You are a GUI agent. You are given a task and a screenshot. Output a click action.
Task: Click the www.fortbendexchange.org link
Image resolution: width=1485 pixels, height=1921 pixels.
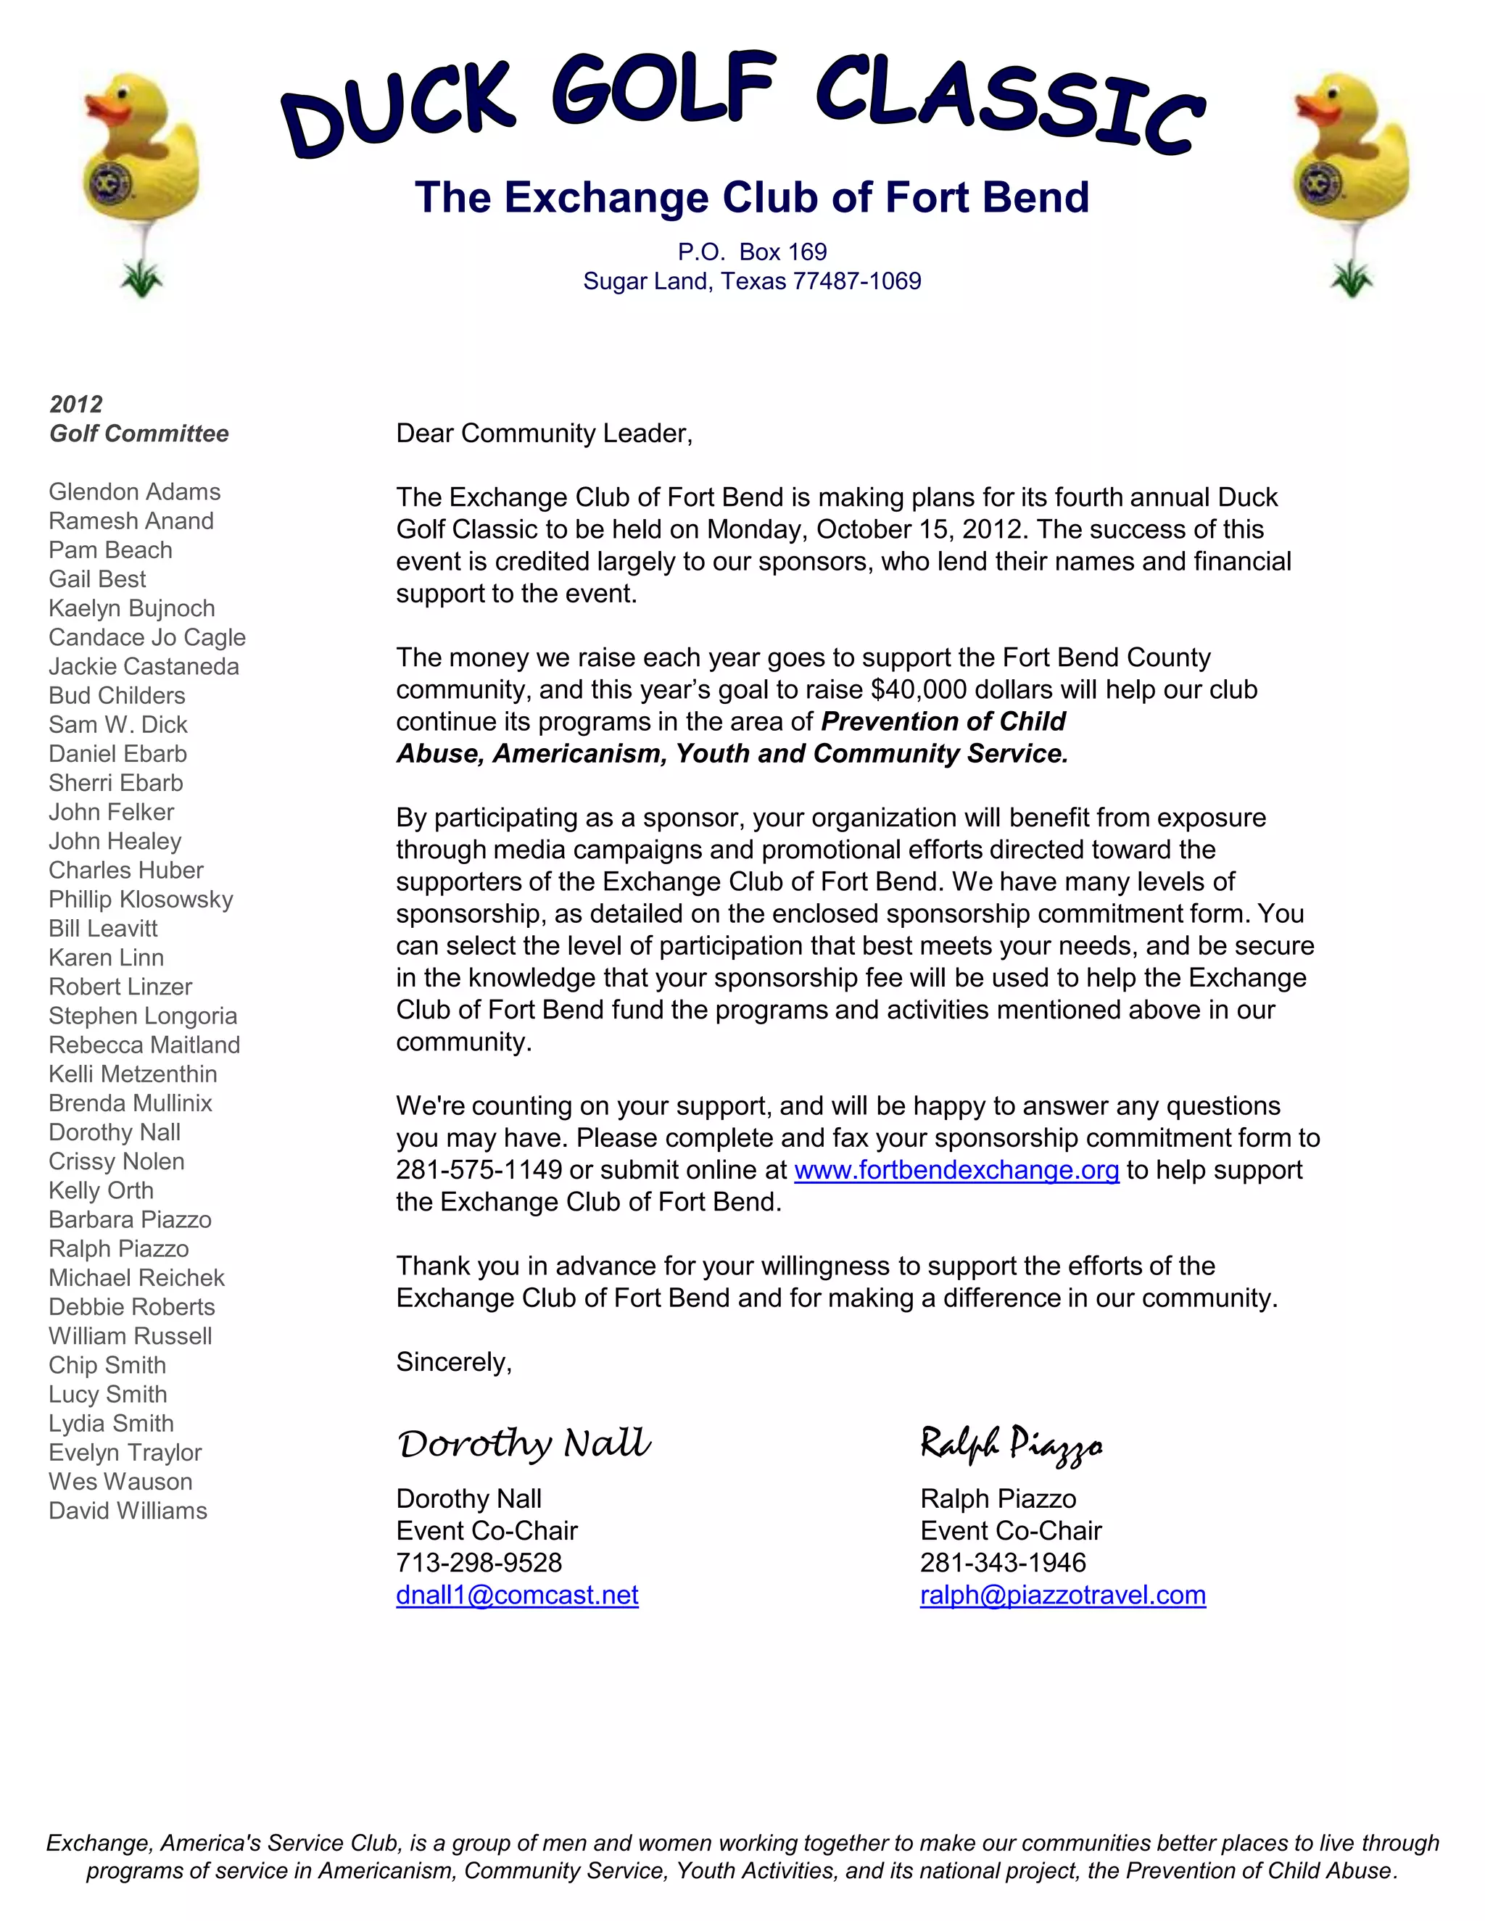click(x=956, y=1171)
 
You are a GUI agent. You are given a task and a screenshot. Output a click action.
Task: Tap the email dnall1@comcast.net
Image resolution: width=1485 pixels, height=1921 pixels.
click(x=517, y=1596)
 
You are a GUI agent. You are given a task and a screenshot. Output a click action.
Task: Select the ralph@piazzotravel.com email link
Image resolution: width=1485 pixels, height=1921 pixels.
click(x=1063, y=1596)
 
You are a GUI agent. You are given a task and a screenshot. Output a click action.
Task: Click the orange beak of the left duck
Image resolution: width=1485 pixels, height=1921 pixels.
click(x=108, y=111)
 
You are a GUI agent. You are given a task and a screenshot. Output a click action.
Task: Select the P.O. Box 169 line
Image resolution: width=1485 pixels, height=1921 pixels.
click(x=752, y=252)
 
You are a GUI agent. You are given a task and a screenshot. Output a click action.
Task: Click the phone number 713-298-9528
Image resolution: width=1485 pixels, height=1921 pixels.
click(x=479, y=1563)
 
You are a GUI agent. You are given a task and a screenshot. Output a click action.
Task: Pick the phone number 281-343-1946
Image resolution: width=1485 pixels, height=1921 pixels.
click(x=1003, y=1563)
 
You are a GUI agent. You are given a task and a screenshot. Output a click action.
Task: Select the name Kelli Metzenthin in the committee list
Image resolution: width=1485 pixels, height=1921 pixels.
click(x=133, y=1075)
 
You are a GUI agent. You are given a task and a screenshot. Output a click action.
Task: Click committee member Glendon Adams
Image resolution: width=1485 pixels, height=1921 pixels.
click(x=135, y=492)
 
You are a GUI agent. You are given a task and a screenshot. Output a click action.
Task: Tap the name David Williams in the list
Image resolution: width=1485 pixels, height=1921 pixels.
click(x=128, y=1511)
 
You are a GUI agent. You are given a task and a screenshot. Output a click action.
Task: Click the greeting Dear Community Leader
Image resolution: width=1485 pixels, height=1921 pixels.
click(x=544, y=433)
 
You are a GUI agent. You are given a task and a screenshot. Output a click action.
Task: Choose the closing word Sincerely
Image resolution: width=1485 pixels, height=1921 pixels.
click(x=454, y=1363)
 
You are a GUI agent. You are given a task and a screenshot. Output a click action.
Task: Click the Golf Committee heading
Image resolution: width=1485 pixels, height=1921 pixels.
click(x=139, y=433)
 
